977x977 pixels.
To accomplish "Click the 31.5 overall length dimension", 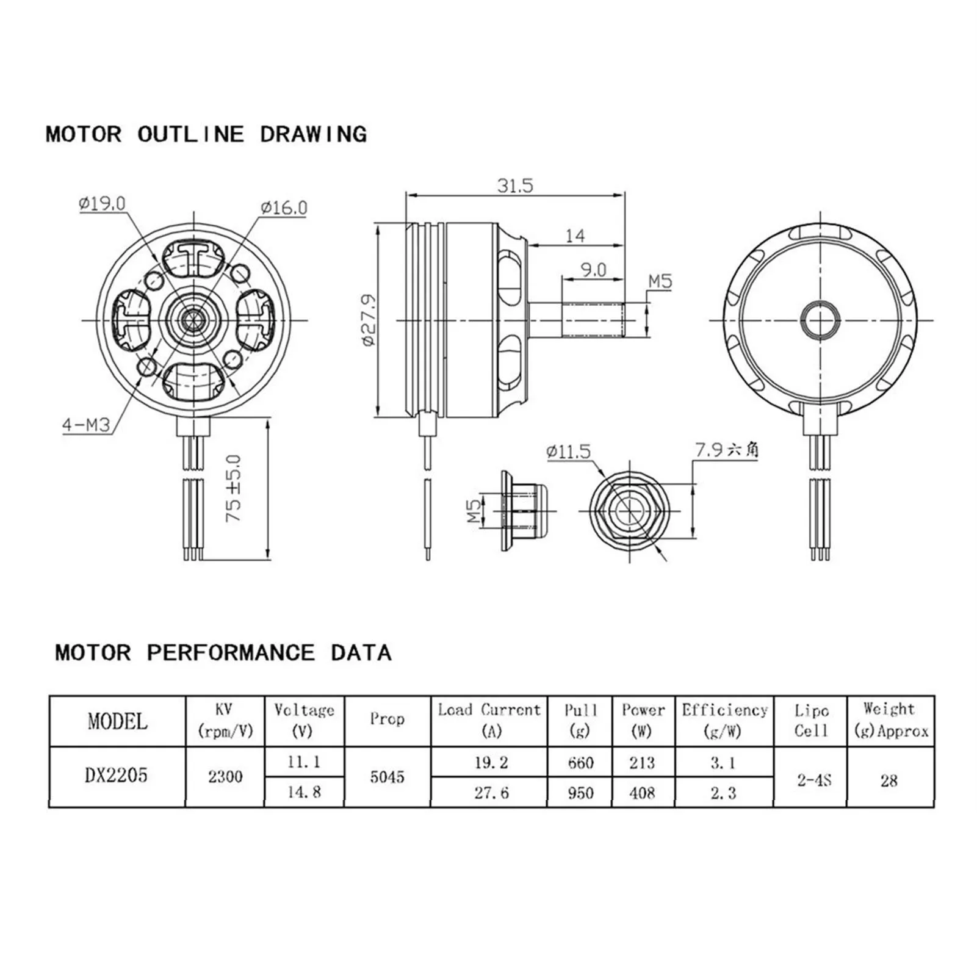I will click(x=514, y=185).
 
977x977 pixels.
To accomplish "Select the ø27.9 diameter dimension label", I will click(x=369, y=320).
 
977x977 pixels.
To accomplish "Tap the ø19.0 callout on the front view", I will click(x=102, y=203).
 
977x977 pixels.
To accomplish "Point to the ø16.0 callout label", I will click(x=284, y=207).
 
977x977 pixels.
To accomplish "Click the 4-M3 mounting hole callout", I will click(x=87, y=424).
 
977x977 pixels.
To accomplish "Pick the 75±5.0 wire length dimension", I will click(x=234, y=488).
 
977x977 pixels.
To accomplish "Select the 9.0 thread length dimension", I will click(x=593, y=269).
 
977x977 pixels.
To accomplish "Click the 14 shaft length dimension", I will click(x=574, y=236).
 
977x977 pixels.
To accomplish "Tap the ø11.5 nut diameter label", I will click(x=568, y=452).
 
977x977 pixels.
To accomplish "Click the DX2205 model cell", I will click(x=117, y=776).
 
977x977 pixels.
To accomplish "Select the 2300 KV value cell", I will click(x=225, y=777).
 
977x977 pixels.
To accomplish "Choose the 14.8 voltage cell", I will click(x=304, y=792).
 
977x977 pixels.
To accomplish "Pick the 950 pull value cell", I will click(x=580, y=792).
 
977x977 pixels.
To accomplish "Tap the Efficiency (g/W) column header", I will click(x=724, y=720).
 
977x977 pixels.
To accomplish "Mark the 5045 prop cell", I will click(x=387, y=777).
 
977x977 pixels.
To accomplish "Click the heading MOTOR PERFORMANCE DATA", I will click(x=223, y=652).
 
